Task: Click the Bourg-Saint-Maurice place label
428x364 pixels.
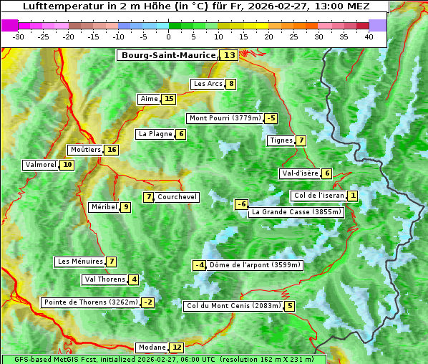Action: (168, 55)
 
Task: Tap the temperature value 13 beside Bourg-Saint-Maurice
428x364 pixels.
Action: (229, 55)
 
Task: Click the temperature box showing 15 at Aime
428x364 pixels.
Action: (168, 99)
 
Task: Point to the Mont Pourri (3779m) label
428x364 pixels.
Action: (225, 118)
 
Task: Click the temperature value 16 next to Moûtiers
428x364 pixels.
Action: (111, 150)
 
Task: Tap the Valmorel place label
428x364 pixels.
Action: (41, 165)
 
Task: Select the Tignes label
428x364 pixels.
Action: (281, 140)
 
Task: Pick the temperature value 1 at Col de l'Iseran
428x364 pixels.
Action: (353, 196)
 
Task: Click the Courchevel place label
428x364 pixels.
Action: (177, 197)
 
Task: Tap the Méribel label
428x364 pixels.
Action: (104, 207)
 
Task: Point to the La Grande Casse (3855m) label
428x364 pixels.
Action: (296, 212)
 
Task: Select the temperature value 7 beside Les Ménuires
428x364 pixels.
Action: (111, 262)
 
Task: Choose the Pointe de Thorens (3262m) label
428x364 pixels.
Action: (90, 302)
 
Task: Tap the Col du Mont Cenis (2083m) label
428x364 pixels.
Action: (233, 306)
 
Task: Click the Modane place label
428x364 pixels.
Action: (152, 348)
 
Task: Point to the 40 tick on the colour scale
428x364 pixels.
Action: (369, 36)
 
